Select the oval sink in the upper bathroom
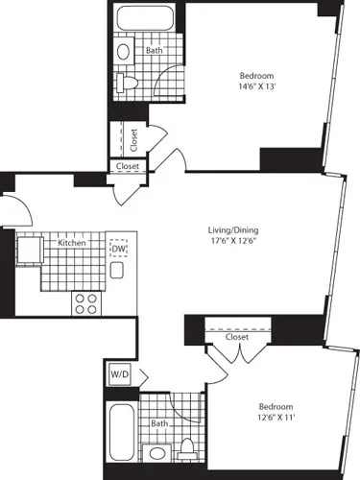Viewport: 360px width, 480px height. [x=123, y=53]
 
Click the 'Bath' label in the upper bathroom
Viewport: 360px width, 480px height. [x=154, y=51]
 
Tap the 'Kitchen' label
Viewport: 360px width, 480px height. [x=72, y=244]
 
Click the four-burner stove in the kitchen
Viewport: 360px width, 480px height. [x=86, y=303]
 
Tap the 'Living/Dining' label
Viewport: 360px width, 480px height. [x=234, y=230]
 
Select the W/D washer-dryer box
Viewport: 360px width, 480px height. [x=120, y=373]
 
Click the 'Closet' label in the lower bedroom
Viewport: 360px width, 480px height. [x=236, y=337]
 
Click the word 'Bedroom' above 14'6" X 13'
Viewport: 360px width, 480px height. [x=256, y=76]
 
